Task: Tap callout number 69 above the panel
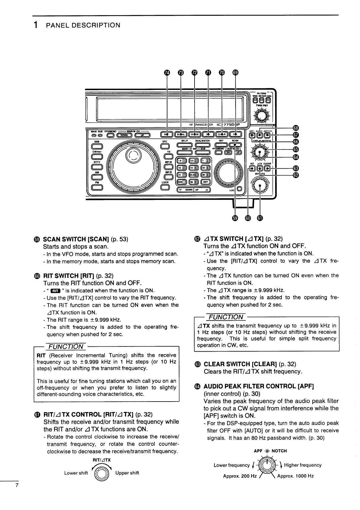pos(235,72)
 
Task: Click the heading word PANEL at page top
pos(58,25)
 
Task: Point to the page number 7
pos(17,485)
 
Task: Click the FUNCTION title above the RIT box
pos(66,346)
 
